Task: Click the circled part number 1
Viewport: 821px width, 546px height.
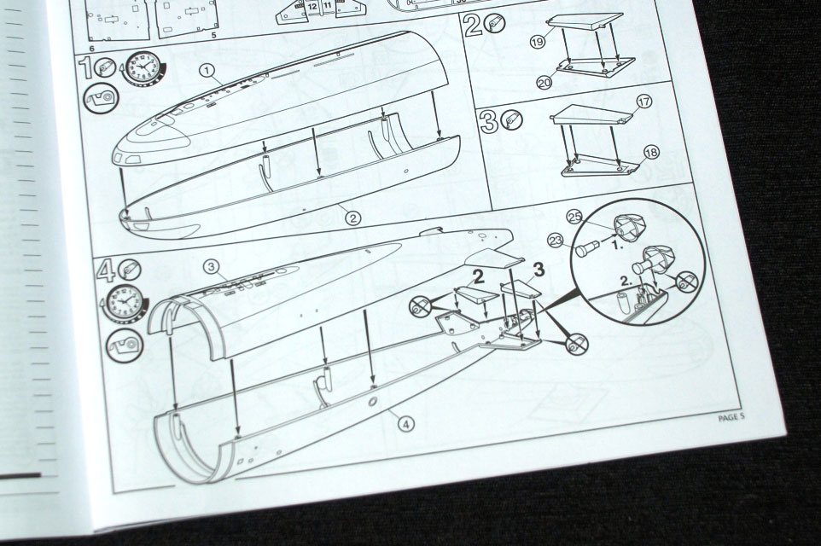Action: tap(207, 71)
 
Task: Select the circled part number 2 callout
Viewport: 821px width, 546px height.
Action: tap(353, 218)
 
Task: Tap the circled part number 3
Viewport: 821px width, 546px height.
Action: tap(211, 268)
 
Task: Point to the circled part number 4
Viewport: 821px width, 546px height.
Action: tap(405, 423)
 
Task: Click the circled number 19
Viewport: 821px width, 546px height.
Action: tap(538, 41)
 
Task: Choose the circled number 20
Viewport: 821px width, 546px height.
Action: tap(544, 83)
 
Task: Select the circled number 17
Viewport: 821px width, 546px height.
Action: tap(644, 101)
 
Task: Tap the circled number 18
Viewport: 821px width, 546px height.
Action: tap(651, 153)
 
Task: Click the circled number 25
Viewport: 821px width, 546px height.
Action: tap(575, 218)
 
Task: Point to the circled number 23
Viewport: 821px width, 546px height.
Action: tap(555, 241)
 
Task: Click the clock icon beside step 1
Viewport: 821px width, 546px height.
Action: tap(143, 68)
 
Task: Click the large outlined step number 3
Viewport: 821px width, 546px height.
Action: tap(488, 122)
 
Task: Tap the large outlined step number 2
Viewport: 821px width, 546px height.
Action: tap(473, 25)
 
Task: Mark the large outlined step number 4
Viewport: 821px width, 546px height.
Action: tap(107, 271)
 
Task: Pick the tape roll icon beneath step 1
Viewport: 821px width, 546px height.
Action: tap(101, 97)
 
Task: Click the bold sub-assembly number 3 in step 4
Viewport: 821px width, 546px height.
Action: tap(539, 270)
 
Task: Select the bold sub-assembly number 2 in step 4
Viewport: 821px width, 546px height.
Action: tap(478, 277)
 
